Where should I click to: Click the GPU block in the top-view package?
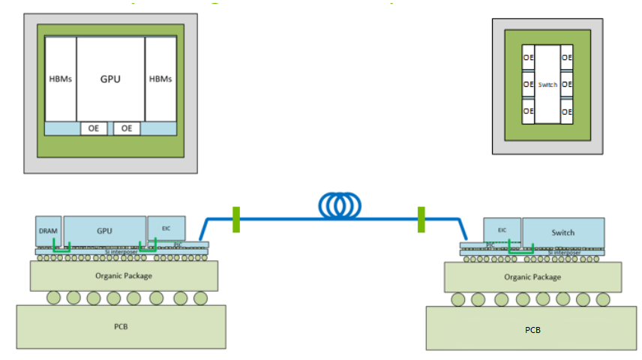tap(110, 79)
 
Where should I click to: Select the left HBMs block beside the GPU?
tap(61, 79)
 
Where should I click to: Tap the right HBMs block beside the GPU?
tap(160, 79)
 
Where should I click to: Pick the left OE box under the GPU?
tap(94, 128)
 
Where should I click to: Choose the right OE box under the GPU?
tap(127, 128)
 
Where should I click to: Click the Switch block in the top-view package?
tap(548, 85)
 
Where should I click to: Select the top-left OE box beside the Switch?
tap(528, 58)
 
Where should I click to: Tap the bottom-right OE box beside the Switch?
tap(567, 111)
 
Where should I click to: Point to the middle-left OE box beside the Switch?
tap(528, 85)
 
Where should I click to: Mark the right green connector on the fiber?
tap(421, 219)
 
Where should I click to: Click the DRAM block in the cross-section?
tap(48, 232)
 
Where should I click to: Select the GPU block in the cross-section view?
tap(104, 230)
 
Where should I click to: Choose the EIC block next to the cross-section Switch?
tap(502, 229)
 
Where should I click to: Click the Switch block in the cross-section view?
tap(562, 232)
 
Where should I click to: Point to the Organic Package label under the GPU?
tap(124, 276)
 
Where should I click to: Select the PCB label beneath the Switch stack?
tap(532, 329)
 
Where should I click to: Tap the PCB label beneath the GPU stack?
tap(121, 327)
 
